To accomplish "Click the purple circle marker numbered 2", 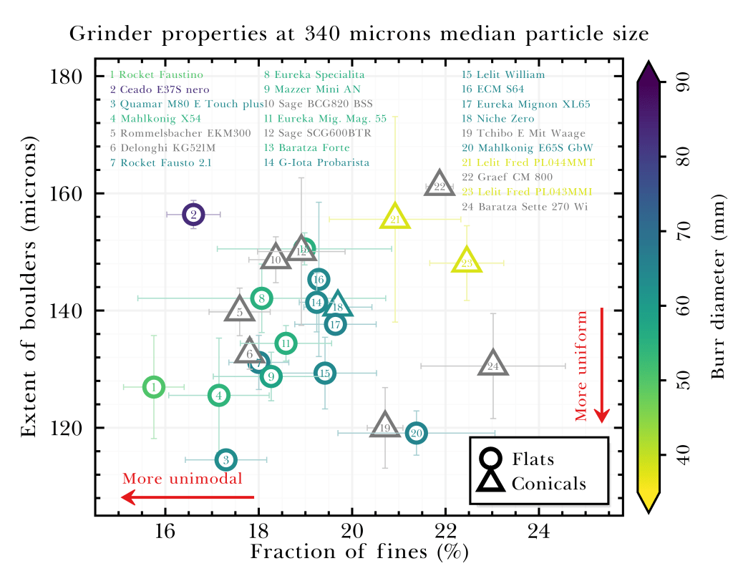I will click(193, 214).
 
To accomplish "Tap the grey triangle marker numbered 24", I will click(492, 365).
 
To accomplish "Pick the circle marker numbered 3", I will click(225, 459).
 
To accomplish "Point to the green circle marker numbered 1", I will click(153, 386).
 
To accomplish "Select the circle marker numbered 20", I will click(417, 433).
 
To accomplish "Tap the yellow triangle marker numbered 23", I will click(467, 262).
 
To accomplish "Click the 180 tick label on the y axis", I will click(69, 77).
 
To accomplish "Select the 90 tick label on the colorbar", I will click(683, 84).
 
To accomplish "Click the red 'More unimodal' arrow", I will click(188, 497).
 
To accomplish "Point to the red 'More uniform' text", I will click(581, 365).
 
